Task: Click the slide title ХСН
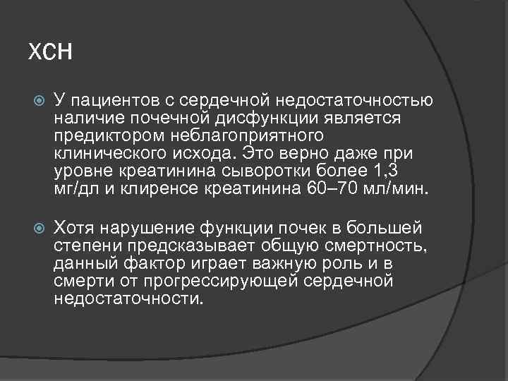coord(50,52)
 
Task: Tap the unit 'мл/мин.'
coord(397,188)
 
